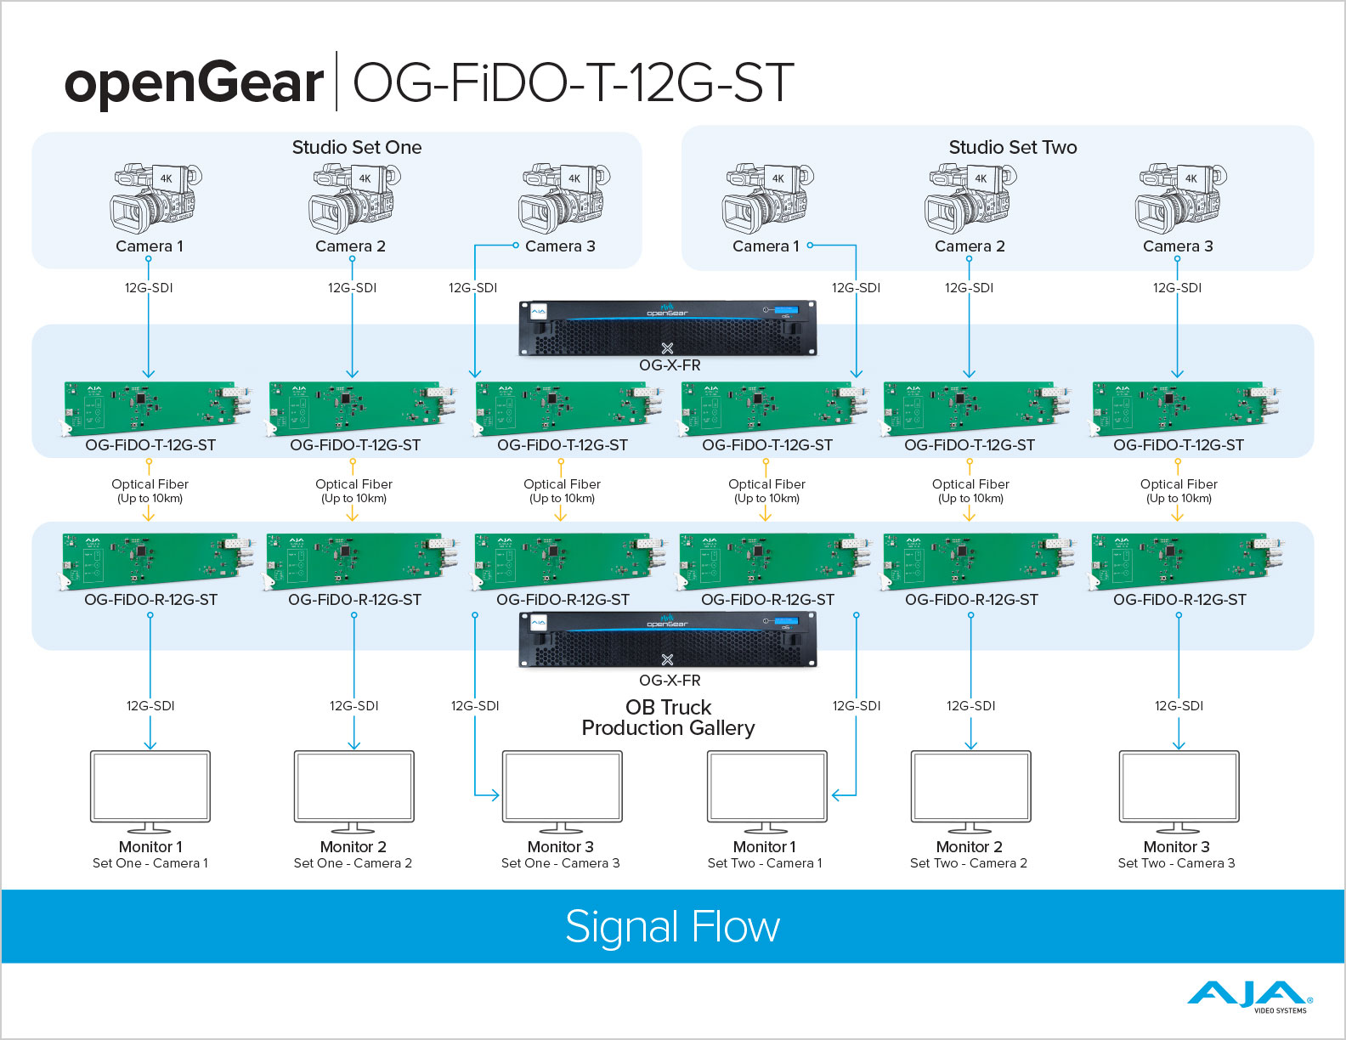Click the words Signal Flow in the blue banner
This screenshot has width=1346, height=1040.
point(672,926)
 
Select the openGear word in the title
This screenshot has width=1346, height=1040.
point(194,82)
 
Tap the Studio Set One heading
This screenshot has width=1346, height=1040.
point(357,147)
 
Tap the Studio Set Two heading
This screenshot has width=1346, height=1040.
point(1012,147)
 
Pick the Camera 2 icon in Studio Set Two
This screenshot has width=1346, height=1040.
point(970,199)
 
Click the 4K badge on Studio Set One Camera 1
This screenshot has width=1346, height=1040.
point(167,178)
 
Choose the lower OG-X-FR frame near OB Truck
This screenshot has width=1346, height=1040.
point(668,642)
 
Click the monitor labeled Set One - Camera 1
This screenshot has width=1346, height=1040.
point(150,788)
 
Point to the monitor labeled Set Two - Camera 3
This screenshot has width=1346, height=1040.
point(1179,788)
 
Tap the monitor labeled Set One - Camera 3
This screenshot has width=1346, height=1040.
point(562,788)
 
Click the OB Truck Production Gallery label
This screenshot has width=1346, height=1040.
point(668,718)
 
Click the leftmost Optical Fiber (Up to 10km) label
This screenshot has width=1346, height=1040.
point(150,490)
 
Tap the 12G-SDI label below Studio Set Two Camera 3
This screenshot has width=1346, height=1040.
point(1177,288)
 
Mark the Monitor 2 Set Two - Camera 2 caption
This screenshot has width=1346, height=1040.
point(969,855)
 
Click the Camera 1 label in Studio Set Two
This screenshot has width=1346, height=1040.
point(766,246)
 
